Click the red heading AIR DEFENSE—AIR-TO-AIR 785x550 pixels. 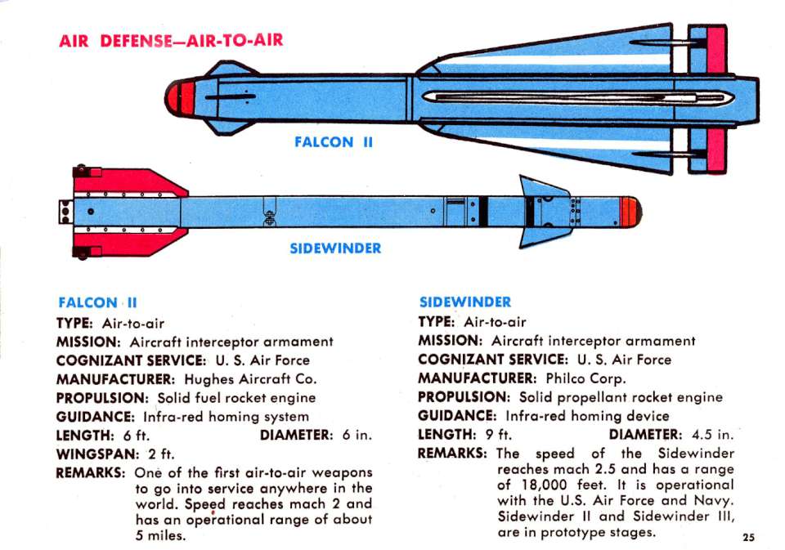pos(171,40)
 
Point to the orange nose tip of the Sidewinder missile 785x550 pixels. pos(630,212)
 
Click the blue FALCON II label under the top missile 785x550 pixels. pos(334,142)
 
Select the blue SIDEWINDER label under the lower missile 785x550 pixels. pos(335,248)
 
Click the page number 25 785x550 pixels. pos(748,538)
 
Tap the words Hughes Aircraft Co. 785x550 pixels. pos(250,379)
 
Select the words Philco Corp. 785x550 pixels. pos(585,378)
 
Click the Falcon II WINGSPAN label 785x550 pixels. pos(97,454)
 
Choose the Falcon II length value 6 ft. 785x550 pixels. pos(137,436)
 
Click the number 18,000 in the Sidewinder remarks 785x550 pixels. pos(545,485)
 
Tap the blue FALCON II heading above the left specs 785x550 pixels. pos(97,302)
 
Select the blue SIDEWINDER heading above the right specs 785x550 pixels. pos(465,302)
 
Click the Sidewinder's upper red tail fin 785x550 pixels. pos(129,182)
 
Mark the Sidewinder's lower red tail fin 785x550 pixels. pos(129,243)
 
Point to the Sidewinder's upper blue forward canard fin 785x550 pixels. pos(543,187)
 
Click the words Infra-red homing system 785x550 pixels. pos(226,416)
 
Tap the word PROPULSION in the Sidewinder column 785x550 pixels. pos(464,397)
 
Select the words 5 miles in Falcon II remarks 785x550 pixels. pos(160,535)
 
